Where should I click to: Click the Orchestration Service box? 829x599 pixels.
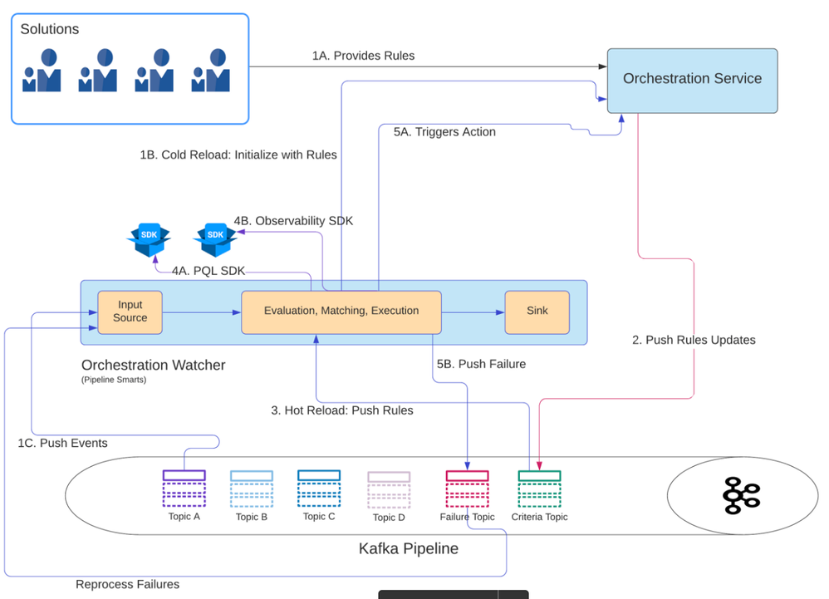692,80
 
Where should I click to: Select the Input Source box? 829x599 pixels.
130,312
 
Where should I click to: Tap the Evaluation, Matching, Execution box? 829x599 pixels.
341,312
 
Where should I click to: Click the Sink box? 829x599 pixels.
537,312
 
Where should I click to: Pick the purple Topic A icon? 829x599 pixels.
184,489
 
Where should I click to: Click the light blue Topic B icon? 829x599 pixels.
251,489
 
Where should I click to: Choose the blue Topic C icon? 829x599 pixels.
319,489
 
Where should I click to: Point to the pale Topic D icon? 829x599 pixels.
389,490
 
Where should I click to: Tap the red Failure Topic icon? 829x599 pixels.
467,489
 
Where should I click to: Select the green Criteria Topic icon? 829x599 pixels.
539,489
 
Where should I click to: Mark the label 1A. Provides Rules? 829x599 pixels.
363,56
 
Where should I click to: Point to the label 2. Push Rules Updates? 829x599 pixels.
694,340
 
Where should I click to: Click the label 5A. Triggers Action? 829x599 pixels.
444,132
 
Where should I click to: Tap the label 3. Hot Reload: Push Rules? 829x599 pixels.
342,410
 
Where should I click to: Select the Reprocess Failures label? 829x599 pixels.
127,584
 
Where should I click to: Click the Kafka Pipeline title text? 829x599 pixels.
408,548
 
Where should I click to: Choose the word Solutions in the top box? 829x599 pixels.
50,29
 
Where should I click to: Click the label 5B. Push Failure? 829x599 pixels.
481,364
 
